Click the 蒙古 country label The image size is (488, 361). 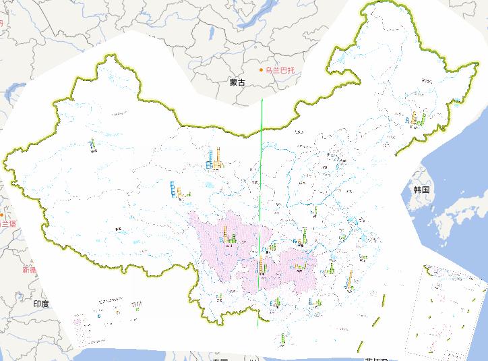237,82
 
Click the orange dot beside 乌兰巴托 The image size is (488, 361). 262,70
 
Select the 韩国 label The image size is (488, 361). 422,190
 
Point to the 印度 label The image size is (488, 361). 41,304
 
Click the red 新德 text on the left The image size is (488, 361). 29,269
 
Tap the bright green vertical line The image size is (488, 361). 260,202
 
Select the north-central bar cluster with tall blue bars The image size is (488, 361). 214,159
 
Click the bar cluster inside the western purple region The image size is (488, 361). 229,237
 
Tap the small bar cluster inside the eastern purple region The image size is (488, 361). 299,267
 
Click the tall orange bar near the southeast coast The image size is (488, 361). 350,278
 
